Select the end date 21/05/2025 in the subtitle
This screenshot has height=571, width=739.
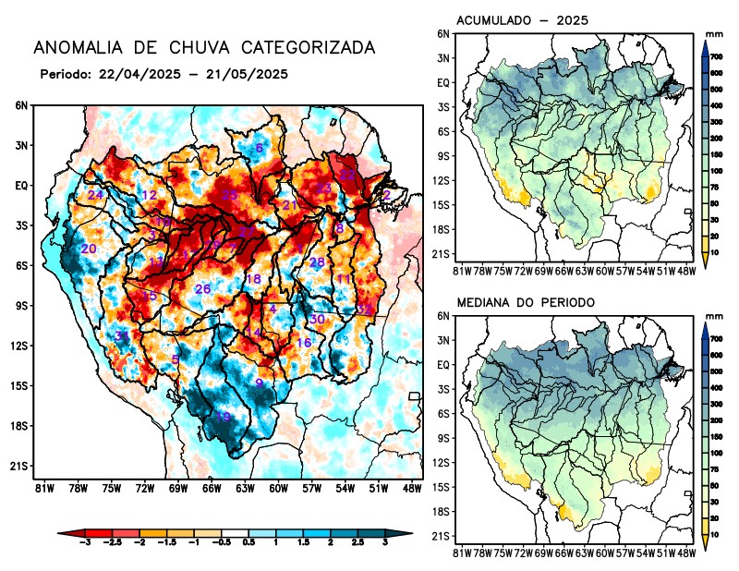click(x=247, y=74)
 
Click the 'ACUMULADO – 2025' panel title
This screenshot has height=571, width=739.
click(x=523, y=20)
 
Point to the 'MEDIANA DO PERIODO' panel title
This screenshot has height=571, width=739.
click(x=526, y=303)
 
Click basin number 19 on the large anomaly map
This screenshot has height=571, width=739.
click(x=223, y=417)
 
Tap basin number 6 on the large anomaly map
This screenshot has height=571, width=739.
click(x=260, y=149)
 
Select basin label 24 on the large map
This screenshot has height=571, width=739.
click(x=95, y=195)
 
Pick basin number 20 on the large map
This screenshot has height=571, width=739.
click(x=89, y=249)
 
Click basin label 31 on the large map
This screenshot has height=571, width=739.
click(x=122, y=335)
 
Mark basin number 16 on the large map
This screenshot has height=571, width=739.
click(x=304, y=343)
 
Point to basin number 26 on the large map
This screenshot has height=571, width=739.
click(x=203, y=290)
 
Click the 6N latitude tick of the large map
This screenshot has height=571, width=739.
click(x=21, y=105)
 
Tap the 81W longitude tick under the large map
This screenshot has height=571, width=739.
click(x=42, y=487)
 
